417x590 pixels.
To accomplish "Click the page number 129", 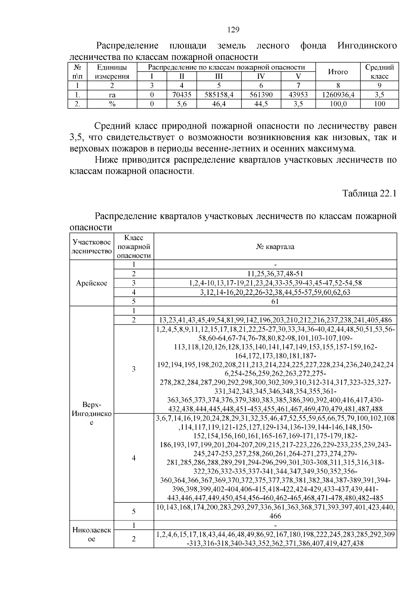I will pyautogui.click(x=234, y=30).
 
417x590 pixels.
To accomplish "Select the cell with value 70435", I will pyautogui.click(x=182, y=95).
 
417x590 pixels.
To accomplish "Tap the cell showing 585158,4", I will pyautogui.click(x=219, y=95).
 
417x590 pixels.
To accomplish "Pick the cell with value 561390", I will pyautogui.click(x=261, y=95).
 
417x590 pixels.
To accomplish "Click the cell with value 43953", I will pyautogui.click(x=298, y=95).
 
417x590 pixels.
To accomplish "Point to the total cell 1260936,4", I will pyautogui.click(x=338, y=95).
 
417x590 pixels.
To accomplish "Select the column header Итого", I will pyautogui.click(x=338, y=72).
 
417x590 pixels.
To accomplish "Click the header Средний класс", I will pyautogui.click(x=379, y=72).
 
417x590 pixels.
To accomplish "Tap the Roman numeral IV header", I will pyautogui.click(x=261, y=76).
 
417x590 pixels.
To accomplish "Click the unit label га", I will pyautogui.click(x=112, y=95).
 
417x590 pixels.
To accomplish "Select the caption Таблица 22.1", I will pyautogui.click(x=369, y=193).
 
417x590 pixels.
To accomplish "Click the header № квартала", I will pyautogui.click(x=275, y=247).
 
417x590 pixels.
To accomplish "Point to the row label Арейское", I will pyautogui.click(x=92, y=283).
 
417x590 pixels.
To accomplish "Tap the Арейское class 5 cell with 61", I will pyautogui.click(x=275, y=301).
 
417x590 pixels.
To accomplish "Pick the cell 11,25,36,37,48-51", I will pyautogui.click(x=275, y=274).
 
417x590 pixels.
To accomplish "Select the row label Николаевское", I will pyautogui.click(x=92, y=534).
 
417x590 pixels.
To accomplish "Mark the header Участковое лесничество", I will pyautogui.click(x=92, y=246).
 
